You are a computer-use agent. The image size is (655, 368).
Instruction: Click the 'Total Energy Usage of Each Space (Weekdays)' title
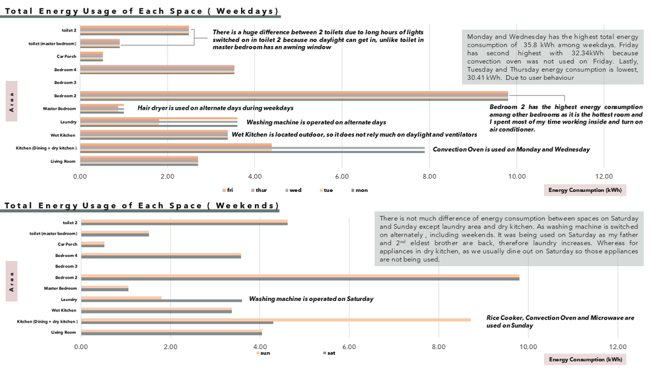(141, 12)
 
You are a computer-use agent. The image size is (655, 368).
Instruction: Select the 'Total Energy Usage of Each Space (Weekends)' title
(141, 206)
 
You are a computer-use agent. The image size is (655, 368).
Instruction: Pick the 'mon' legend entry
(359, 190)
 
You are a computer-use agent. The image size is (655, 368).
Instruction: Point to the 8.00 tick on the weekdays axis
(428, 176)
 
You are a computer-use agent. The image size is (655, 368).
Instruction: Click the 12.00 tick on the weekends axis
(617, 346)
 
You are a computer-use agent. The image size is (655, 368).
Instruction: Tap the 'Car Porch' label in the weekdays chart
(66, 56)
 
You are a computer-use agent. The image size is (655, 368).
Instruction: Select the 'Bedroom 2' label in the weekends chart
(66, 277)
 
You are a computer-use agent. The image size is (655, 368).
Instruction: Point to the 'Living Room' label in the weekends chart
(64, 333)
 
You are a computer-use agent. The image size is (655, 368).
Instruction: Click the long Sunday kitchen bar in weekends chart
(276, 319)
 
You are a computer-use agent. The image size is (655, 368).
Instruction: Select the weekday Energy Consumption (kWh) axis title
(585, 190)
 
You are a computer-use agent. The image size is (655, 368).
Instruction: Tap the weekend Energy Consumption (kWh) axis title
(585, 359)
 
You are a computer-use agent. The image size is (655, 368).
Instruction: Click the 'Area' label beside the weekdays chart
(11, 101)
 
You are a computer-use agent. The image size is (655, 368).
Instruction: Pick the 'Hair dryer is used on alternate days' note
(215, 108)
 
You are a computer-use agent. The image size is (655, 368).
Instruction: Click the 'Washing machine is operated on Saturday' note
(311, 298)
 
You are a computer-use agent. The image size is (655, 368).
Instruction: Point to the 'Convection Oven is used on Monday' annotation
(511, 149)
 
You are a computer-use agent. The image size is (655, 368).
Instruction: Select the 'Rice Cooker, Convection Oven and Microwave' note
(560, 321)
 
